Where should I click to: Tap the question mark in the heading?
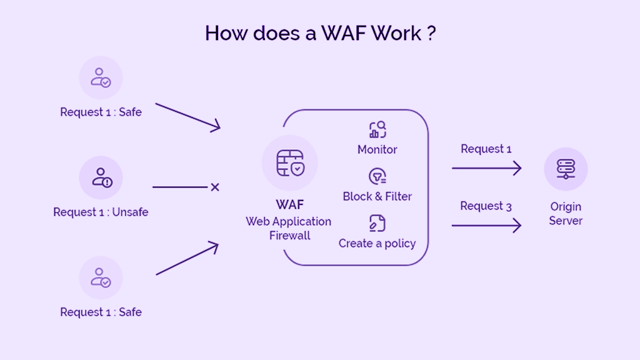pyautogui.click(x=431, y=33)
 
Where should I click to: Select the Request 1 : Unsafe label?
pyautogui.click(x=101, y=212)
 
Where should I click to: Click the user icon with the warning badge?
pyautogui.click(x=101, y=177)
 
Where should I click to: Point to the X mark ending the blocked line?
pyautogui.click(x=214, y=187)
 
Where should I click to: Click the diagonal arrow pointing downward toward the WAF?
pyautogui.click(x=187, y=117)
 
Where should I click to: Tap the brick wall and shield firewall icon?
pyautogui.click(x=289, y=162)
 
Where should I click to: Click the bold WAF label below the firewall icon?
pyautogui.click(x=289, y=205)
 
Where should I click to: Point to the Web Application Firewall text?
pyautogui.click(x=289, y=228)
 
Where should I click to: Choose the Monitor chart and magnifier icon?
pyautogui.click(x=377, y=130)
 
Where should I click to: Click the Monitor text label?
pyautogui.click(x=377, y=149)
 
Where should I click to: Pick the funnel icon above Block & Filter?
pyautogui.click(x=377, y=177)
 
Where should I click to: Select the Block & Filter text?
pyautogui.click(x=377, y=196)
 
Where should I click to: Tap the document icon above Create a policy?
pyautogui.click(x=377, y=223)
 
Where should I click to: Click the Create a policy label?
pyautogui.click(x=377, y=243)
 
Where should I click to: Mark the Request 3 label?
pyautogui.click(x=486, y=206)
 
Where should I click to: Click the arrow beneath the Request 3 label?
pyautogui.click(x=486, y=225)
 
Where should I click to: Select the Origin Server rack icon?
pyautogui.click(x=566, y=169)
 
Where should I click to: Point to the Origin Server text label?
pyautogui.click(x=566, y=213)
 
